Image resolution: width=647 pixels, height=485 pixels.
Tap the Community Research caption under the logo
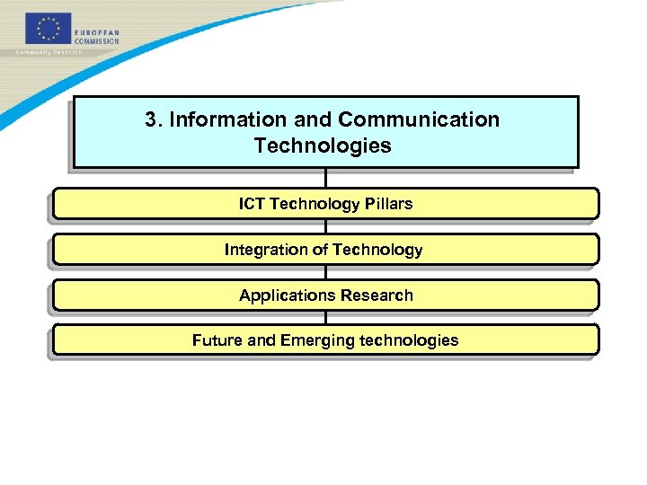coord(49,52)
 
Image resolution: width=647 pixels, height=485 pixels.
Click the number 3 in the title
coord(151,119)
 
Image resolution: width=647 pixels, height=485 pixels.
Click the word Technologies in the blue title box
coord(323,145)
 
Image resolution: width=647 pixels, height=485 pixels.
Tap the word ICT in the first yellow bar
coord(252,204)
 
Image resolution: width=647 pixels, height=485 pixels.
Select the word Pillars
coord(388,204)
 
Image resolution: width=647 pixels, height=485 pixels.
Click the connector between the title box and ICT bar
coord(325,178)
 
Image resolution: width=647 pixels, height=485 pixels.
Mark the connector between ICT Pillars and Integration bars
coord(325,226)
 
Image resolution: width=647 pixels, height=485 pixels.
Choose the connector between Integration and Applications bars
coord(325,272)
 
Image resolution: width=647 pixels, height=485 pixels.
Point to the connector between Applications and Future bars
coord(325,318)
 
